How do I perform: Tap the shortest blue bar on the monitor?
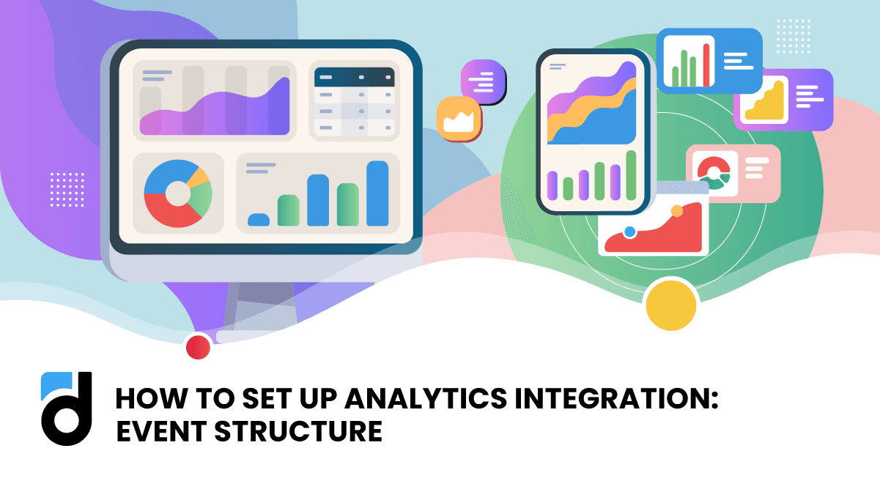coord(259,219)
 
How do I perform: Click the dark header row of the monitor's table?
coord(355,77)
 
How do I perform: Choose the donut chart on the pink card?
coord(714,174)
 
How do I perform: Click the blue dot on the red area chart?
coord(629,232)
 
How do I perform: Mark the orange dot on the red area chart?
coord(676,210)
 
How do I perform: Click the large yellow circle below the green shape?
coord(670,305)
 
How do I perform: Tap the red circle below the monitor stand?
coord(198,347)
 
